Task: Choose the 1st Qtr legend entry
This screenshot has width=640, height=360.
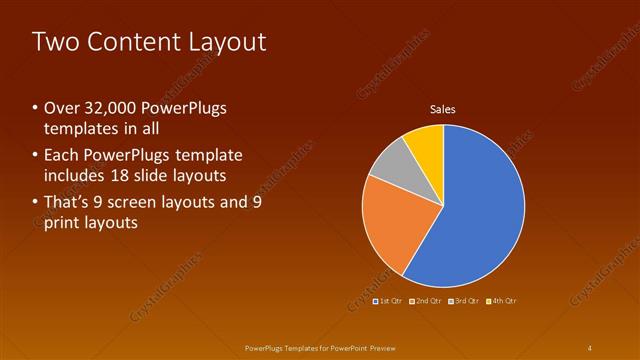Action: point(387,300)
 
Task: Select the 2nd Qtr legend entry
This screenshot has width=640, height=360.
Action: point(425,300)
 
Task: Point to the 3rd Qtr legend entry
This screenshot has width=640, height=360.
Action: point(464,300)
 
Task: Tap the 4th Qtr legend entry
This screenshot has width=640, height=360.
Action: point(502,300)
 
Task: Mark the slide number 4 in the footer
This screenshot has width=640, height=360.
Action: point(590,347)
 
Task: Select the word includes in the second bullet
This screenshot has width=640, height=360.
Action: point(76,176)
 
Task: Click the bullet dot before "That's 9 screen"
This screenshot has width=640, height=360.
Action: point(36,202)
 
